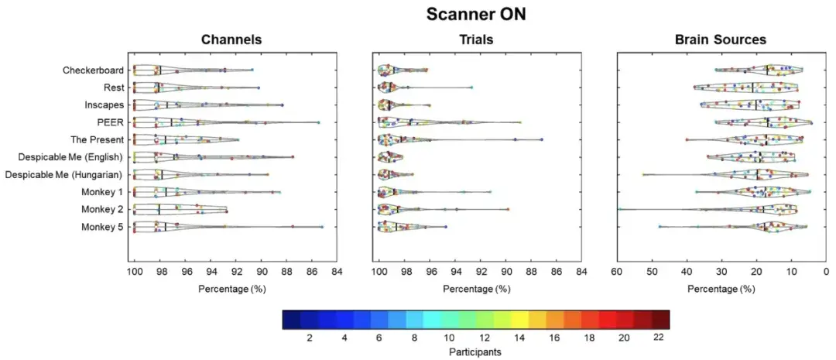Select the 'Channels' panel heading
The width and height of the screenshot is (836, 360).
(x=231, y=39)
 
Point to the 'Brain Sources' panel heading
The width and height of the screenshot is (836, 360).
(x=720, y=39)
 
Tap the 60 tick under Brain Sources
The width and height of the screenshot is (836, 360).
(x=617, y=273)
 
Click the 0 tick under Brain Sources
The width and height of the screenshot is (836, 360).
(x=826, y=273)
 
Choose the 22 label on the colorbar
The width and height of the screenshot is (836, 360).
(x=660, y=338)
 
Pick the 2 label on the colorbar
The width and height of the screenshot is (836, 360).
(x=310, y=338)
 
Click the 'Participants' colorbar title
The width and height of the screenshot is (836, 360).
(x=475, y=351)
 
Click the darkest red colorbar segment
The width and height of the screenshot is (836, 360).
(x=660, y=320)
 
